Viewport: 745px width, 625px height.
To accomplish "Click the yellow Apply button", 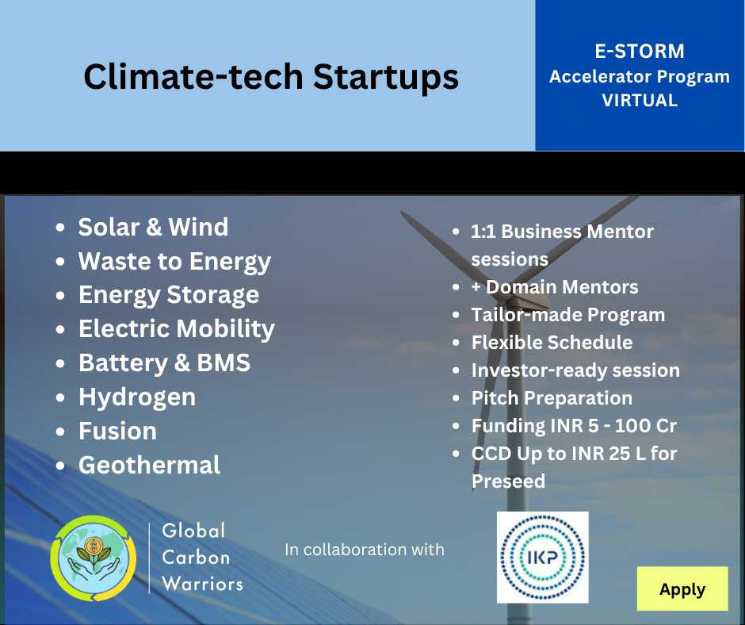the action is pos(682,589).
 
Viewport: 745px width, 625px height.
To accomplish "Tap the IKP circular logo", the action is pos(543,558).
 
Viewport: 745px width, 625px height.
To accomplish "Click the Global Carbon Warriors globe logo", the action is pos(94,558).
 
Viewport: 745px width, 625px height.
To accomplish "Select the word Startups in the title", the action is pos(386,77).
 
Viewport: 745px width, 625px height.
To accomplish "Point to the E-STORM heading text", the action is pos(640,51).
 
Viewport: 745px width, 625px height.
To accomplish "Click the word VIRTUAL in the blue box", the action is pos(640,101).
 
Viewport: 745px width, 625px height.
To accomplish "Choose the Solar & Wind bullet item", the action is pos(153,227).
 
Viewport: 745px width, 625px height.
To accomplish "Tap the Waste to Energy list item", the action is pos(174,262).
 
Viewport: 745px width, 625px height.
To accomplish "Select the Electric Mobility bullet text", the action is pos(176,329).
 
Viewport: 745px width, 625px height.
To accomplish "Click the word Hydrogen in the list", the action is pos(137,397).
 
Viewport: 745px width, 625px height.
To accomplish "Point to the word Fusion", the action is pos(117,431).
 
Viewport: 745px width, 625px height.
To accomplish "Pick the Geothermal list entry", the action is pos(149,465).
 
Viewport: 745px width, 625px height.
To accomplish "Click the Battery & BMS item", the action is pos(164,363).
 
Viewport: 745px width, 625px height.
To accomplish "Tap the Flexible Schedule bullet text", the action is pos(552,343).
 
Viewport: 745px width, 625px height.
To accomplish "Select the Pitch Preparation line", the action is pos(552,398).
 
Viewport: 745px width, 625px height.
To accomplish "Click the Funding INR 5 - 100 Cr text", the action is pos(574,426).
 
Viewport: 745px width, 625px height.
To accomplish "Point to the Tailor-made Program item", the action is pos(567,315).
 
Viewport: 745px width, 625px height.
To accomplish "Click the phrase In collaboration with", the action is pos(365,550).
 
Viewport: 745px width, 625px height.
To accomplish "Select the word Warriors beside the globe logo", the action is pos(202,584).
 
